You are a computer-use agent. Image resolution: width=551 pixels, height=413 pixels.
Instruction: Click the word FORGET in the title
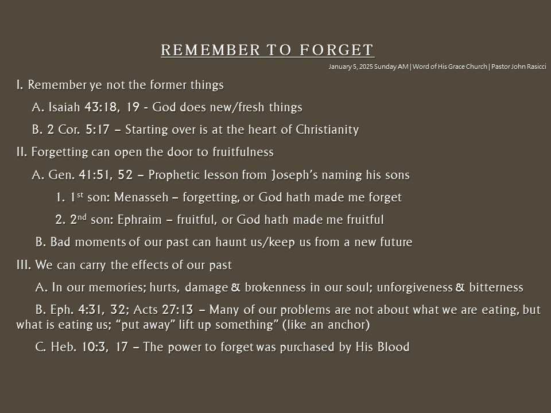click(336, 50)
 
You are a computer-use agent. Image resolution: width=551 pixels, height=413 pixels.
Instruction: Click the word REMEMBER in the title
click(211, 50)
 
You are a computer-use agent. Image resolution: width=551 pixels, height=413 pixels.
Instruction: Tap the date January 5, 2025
click(350, 67)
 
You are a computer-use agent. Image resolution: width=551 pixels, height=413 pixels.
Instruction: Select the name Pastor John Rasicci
click(519, 67)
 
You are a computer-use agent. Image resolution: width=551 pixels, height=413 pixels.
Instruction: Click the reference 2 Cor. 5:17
click(79, 130)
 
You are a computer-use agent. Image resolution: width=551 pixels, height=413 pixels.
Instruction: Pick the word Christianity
click(327, 130)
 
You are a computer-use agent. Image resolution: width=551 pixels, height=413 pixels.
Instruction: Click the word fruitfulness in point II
click(243, 152)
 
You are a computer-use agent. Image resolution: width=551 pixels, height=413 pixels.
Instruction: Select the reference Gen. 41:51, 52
click(90, 175)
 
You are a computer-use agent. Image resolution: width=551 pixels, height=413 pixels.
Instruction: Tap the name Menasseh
click(141, 197)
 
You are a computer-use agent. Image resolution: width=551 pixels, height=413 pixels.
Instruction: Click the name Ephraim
click(139, 220)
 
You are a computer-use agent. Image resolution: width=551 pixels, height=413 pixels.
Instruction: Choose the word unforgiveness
click(414, 287)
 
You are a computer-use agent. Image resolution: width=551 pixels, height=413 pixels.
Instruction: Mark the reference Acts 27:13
click(164, 310)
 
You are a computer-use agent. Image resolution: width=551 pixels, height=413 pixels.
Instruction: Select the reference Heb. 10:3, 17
click(90, 347)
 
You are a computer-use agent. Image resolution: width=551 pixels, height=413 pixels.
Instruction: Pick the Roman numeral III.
click(24, 265)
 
